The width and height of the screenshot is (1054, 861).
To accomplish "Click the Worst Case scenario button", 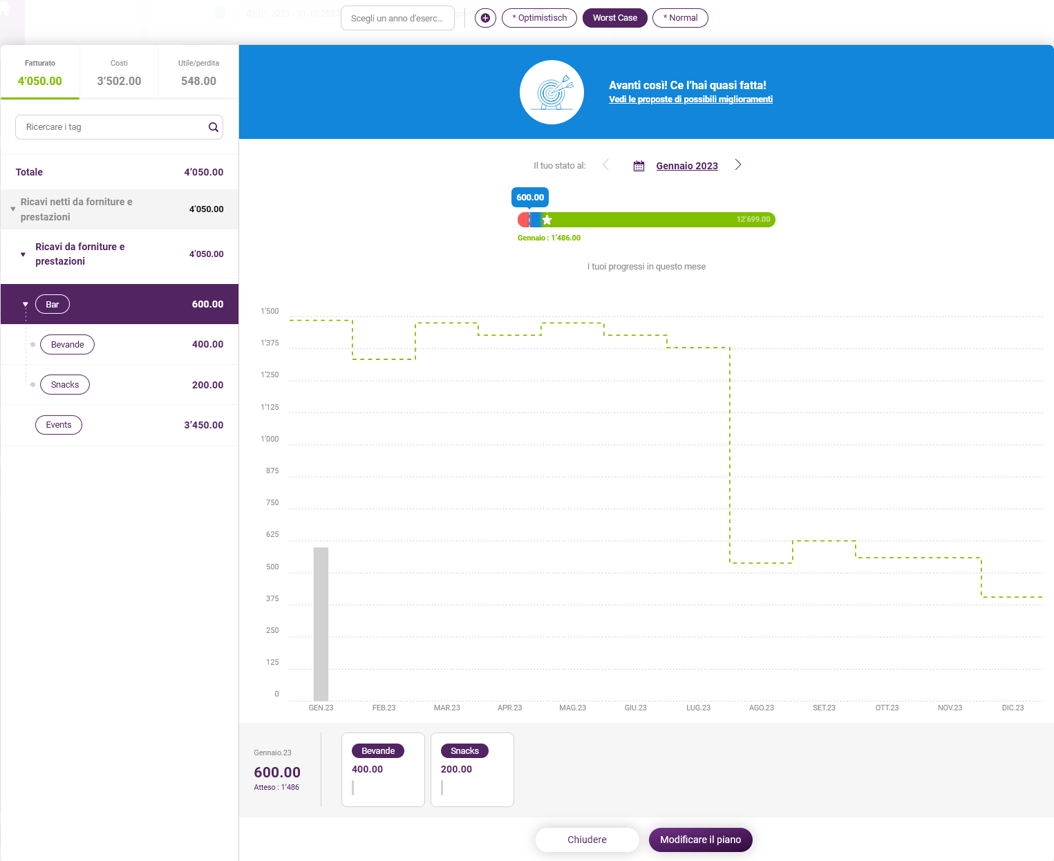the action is (x=614, y=18).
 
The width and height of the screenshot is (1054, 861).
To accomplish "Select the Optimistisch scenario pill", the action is (x=539, y=18).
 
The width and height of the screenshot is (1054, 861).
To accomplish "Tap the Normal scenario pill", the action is (x=680, y=18).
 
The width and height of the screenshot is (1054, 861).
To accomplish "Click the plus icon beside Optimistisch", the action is (x=485, y=18).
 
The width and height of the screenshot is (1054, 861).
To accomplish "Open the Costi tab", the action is (x=119, y=73).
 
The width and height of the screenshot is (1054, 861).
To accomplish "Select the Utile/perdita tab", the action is (x=198, y=73).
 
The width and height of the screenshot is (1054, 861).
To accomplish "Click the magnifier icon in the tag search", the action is (x=214, y=127).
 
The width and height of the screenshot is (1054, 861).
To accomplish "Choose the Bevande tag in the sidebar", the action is (x=68, y=344).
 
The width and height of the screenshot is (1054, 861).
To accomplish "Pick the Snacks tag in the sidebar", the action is (x=65, y=384).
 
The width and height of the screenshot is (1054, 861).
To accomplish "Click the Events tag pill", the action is (x=59, y=425).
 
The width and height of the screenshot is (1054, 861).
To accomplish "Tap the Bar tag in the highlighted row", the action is (x=53, y=304).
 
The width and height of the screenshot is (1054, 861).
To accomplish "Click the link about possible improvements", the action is (x=690, y=99).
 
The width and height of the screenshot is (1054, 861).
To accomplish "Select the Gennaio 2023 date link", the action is (x=687, y=166).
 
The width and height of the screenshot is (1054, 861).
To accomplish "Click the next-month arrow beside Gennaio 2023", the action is (x=738, y=165).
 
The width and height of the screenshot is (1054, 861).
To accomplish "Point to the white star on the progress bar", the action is (x=547, y=219).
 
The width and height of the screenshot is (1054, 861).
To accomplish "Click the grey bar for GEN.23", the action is (x=321, y=624).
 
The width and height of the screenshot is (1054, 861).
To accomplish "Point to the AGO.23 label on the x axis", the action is (x=761, y=708).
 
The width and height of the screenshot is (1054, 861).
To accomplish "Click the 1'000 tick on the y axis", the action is (x=270, y=439).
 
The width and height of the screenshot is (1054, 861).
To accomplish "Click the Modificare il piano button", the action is (x=700, y=840).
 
